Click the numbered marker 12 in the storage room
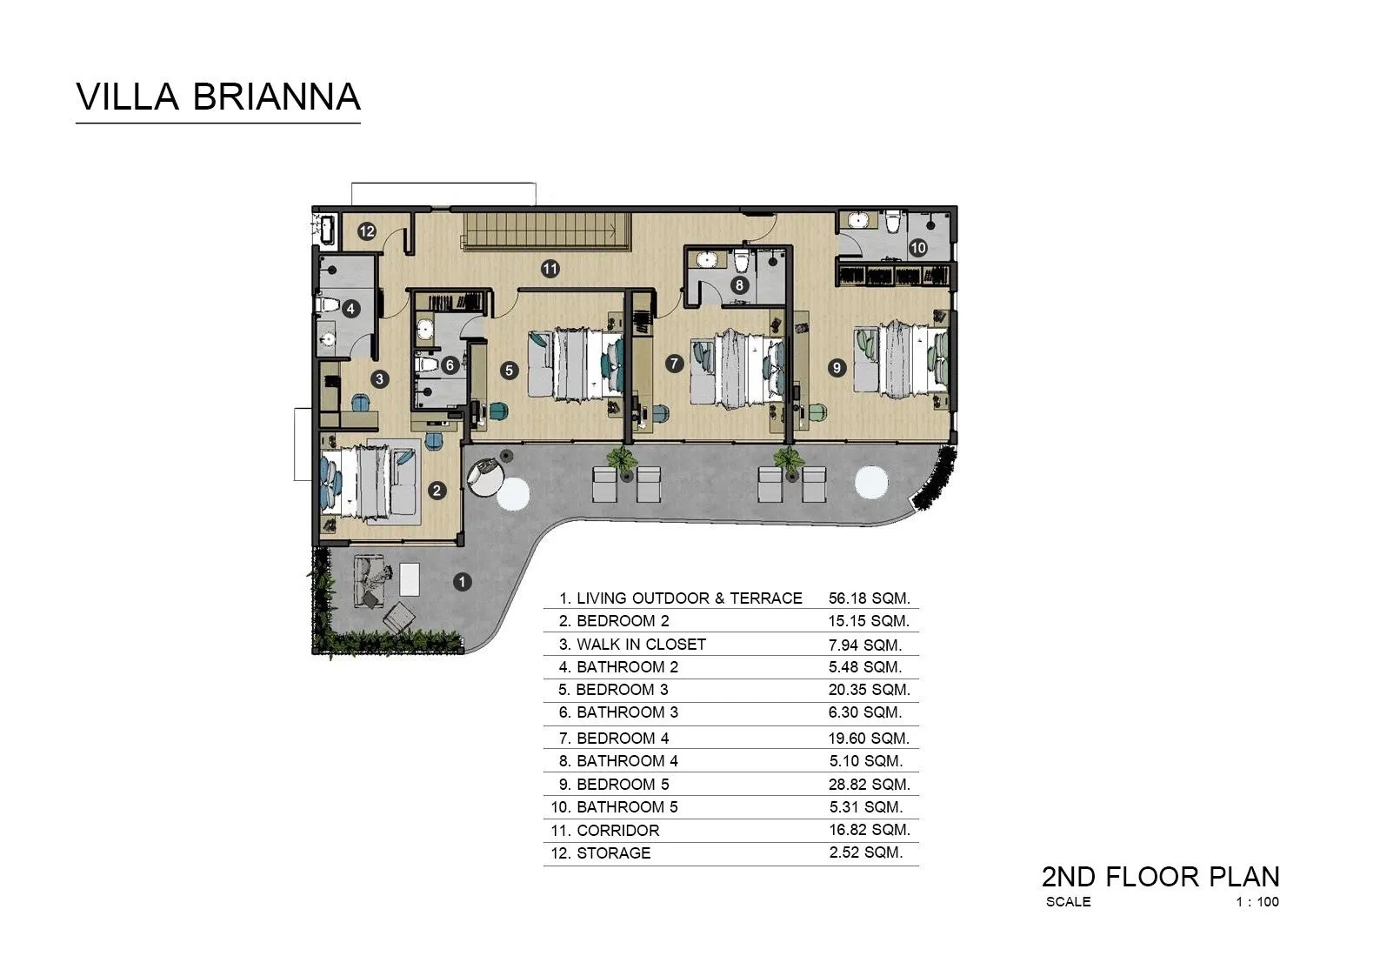(x=366, y=231)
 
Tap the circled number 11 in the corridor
(x=550, y=269)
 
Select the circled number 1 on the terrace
(x=463, y=581)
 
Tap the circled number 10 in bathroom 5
(x=918, y=247)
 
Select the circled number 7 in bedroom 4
(x=674, y=364)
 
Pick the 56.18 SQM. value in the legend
(x=869, y=598)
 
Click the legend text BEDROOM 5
(x=623, y=784)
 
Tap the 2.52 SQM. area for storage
(x=865, y=852)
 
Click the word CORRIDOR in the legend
(x=617, y=830)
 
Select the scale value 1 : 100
(x=1257, y=902)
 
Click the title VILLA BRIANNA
(x=218, y=97)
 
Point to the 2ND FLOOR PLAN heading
(x=1160, y=876)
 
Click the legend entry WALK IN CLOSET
(x=641, y=644)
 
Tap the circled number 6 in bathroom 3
(x=450, y=364)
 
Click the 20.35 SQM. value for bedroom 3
(x=869, y=690)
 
